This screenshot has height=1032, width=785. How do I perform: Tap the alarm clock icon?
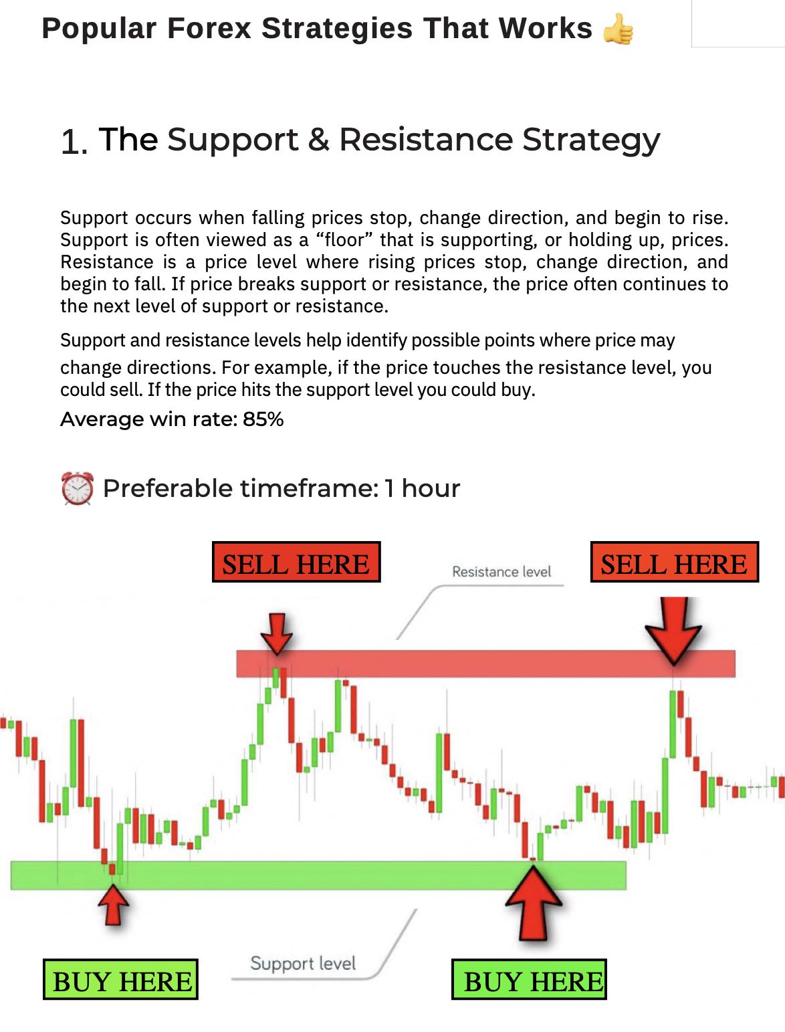78,488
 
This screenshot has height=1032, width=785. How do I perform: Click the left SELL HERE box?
296,562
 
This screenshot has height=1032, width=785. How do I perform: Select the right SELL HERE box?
674,562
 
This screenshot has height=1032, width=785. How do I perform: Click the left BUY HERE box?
121,980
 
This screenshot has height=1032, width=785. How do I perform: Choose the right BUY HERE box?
530,980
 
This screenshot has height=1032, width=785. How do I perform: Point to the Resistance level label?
501,572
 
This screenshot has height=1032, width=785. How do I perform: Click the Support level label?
303,963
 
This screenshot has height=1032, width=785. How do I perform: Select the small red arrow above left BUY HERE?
114,904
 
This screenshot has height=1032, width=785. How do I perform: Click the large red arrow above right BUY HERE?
534,903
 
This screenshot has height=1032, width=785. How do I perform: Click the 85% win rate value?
263,419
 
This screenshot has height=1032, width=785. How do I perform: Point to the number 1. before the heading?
74,142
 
